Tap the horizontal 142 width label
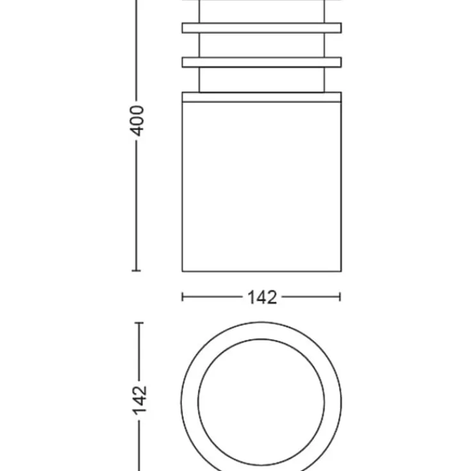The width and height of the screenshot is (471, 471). coord(262,298)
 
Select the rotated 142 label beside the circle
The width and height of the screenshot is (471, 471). coord(140,401)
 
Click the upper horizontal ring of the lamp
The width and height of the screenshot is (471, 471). coord(261,28)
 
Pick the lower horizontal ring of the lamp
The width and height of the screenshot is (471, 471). coord(261,62)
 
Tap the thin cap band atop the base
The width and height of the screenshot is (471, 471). coord(261,97)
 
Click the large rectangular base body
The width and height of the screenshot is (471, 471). coord(261,187)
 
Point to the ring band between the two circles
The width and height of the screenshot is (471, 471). coord(190,402)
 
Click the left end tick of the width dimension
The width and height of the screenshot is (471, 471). coord(183,297)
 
